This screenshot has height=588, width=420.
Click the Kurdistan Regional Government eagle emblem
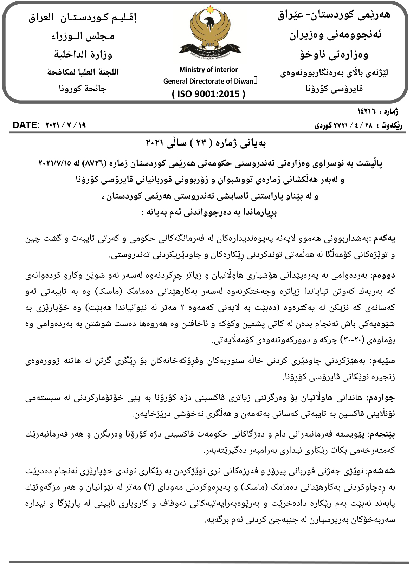208,34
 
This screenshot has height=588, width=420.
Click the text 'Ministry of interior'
208,70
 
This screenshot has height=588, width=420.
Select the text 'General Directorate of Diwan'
208,81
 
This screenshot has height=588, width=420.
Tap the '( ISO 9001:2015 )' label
208,94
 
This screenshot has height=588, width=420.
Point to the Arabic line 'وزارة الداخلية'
83,54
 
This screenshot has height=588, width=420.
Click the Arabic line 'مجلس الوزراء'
83,36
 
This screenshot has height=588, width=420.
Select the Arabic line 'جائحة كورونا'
83,89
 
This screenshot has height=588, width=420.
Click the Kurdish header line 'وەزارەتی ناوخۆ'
334,54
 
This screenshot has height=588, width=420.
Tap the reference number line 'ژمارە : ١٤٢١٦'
377,112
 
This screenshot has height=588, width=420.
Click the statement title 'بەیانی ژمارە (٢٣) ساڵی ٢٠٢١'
206,143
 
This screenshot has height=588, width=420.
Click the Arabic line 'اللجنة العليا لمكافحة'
83,72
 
